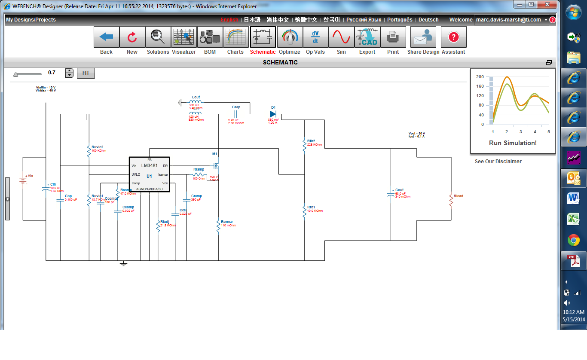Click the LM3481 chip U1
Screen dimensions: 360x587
[149, 174]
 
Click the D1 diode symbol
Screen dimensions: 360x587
[272, 114]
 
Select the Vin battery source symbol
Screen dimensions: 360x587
[23, 180]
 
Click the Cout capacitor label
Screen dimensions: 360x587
[399, 190]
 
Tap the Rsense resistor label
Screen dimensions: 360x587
[226, 222]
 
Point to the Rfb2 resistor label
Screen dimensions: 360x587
[311, 141]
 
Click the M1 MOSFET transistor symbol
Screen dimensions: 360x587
[216, 165]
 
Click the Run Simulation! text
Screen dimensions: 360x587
[513, 143]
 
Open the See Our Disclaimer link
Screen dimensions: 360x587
[498, 162]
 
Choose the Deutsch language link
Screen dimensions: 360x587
[428, 20]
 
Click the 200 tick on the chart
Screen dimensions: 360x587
[480, 77]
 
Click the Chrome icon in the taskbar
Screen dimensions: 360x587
[573, 240]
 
